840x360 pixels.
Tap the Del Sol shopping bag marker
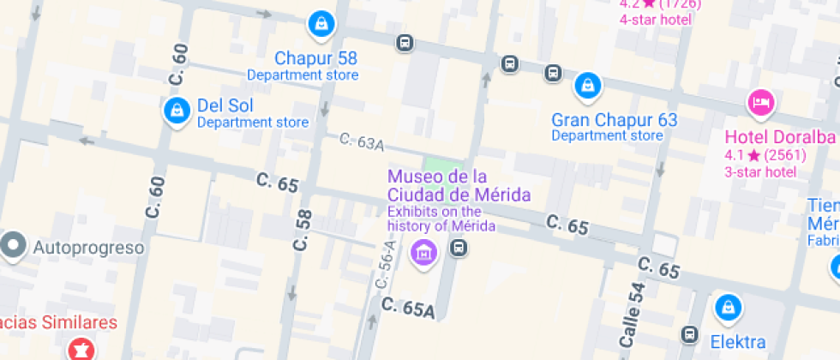[x=177, y=110]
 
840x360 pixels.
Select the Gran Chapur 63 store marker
[x=588, y=85]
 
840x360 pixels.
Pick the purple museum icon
[x=421, y=252]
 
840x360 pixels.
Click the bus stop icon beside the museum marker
[x=459, y=249]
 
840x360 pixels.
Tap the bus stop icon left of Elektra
[x=689, y=333]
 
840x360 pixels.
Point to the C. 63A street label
[x=361, y=142]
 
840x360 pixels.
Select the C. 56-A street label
[x=386, y=262]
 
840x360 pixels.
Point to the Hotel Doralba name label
[x=779, y=137]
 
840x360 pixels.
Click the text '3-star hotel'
[x=759, y=171]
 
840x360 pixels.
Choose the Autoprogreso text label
[x=88, y=248]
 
